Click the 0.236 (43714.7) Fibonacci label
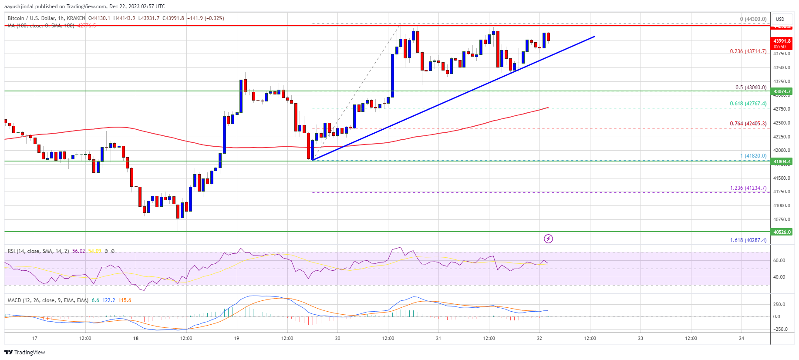coord(748,51)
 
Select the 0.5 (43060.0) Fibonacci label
coord(751,87)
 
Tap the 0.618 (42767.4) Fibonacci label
coord(748,104)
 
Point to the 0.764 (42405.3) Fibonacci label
coord(748,124)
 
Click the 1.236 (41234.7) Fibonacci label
coord(748,188)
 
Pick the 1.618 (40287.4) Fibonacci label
coord(748,240)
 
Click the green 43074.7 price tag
coord(782,91)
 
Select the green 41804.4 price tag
coord(782,161)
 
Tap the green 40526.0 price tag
coord(782,232)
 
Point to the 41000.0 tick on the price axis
coord(782,205)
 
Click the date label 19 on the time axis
coord(236,338)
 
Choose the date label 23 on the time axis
coord(641,338)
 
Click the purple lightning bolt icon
coord(548,239)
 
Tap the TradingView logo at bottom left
coord(25,352)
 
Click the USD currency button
coord(780,19)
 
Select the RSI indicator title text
coord(38,251)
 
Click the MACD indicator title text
coord(48,300)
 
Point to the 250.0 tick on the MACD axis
coord(779,304)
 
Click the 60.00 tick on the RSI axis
coord(779,260)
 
